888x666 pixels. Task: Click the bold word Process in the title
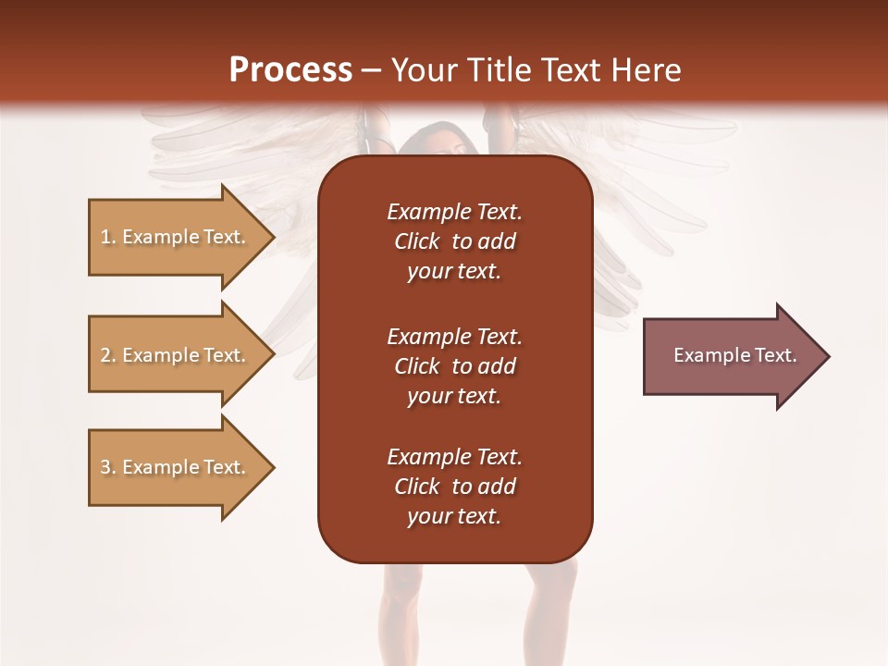[x=290, y=69]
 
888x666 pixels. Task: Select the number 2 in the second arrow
[x=105, y=355]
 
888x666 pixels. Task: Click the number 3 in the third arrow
[x=105, y=467]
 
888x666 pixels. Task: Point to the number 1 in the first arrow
[x=105, y=237]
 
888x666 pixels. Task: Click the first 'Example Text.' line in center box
[x=454, y=212]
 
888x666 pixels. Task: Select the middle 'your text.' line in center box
[x=454, y=396]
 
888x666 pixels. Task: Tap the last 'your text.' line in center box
[x=454, y=517]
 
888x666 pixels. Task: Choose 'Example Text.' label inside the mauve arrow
[x=734, y=355]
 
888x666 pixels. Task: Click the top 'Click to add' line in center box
[x=454, y=241]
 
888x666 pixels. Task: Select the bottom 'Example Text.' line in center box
[x=454, y=457]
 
